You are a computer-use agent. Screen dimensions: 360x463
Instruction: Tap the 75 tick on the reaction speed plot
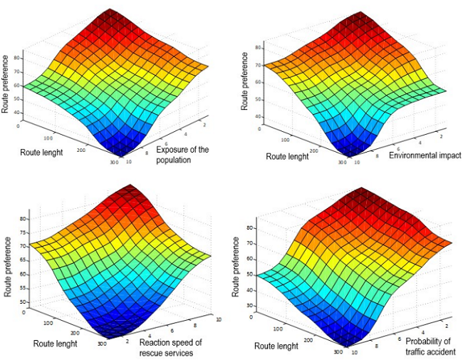coord(23,232)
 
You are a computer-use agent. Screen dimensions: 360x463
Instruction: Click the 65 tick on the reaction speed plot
coord(23,259)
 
